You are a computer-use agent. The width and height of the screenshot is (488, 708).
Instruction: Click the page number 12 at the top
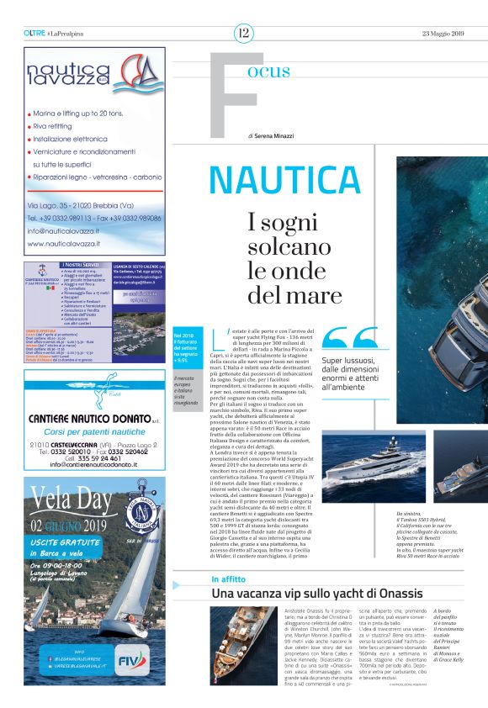(243, 34)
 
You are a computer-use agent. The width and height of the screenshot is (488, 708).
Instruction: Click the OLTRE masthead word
(34, 34)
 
